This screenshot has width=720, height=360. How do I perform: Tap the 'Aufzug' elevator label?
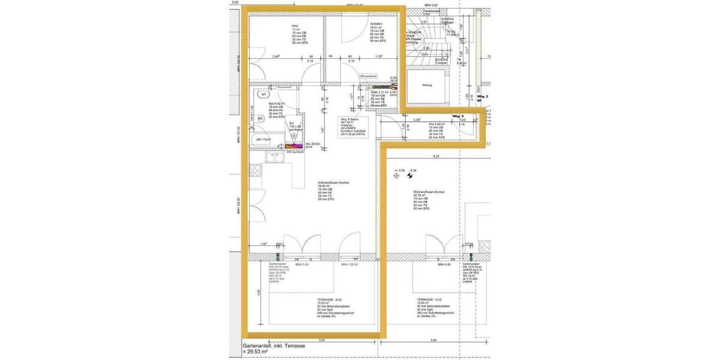tap(426, 85)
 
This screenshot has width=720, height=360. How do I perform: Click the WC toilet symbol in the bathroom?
tap(261, 118)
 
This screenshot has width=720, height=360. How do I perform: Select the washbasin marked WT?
tap(263, 94)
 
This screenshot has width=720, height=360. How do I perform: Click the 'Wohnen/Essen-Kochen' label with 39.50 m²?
tap(334, 183)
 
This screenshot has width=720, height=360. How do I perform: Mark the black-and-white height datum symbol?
tap(411, 176)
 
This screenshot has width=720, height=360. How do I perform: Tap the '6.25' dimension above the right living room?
tap(437, 156)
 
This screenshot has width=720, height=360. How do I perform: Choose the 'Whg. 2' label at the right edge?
tap(483, 96)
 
